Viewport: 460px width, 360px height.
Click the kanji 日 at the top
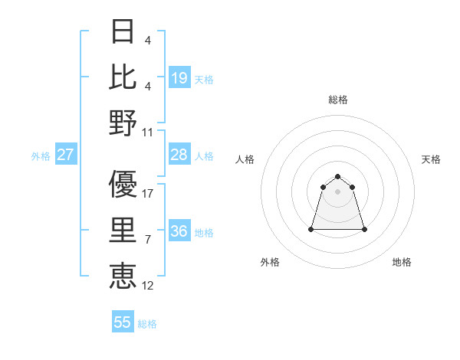(x=123, y=33)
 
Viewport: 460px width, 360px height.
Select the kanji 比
(x=123, y=77)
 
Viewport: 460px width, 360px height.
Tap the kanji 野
(x=123, y=122)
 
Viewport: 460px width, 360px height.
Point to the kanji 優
(x=123, y=184)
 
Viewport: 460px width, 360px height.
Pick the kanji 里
(x=123, y=230)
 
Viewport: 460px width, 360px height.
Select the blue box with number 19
(x=179, y=78)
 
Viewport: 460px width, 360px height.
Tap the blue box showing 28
(x=179, y=155)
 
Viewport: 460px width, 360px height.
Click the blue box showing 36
(x=179, y=231)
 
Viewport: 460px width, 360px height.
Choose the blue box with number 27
(x=66, y=155)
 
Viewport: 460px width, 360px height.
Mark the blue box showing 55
(x=123, y=322)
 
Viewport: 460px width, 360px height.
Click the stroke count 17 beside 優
(x=148, y=194)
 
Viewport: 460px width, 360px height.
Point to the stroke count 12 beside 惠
(x=148, y=286)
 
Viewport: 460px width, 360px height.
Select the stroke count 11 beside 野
(x=148, y=133)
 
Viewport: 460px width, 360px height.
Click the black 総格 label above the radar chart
(x=338, y=100)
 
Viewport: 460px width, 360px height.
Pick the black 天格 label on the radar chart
(x=431, y=159)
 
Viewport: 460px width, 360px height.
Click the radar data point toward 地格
(x=364, y=229)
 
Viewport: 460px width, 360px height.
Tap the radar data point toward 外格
(x=311, y=229)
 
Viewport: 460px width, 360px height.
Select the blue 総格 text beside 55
(x=147, y=324)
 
